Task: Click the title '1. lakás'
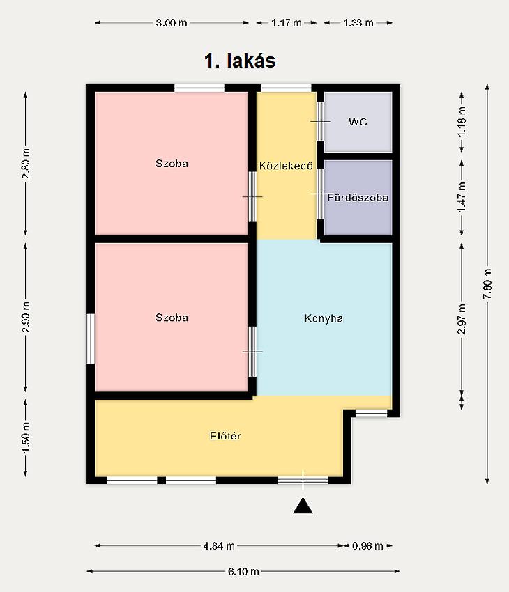pos(240,61)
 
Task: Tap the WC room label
pos(358,122)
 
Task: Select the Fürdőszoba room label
pos(358,198)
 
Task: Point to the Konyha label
pos(324,318)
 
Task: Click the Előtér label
pos(225,436)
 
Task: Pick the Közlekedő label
pos(286,165)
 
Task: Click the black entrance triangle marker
pos(303,506)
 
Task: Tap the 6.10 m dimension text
pos(243,572)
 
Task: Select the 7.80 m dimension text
pos(487,284)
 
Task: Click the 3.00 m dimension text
pos(172,23)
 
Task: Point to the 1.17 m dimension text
pos(286,23)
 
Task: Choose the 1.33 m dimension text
pos(358,23)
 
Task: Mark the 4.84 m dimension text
pos(219,545)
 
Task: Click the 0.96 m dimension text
pos(367,545)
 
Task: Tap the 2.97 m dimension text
pos(462,319)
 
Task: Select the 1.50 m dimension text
pos(26,437)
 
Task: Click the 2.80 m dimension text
pos(26,163)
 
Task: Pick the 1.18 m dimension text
pos(462,122)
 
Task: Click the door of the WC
pos(320,121)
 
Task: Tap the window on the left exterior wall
pos(91,338)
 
